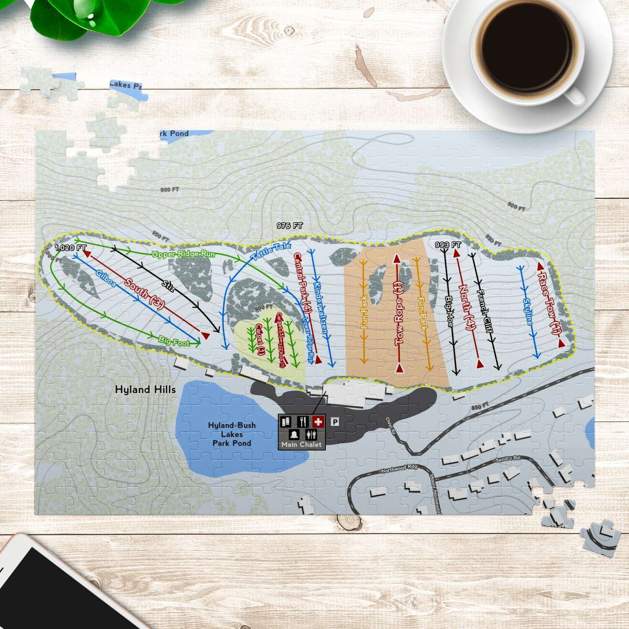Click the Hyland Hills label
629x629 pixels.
pyautogui.click(x=145, y=390)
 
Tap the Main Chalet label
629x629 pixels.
pyautogui.click(x=302, y=444)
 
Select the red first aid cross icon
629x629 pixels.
pyautogui.click(x=318, y=421)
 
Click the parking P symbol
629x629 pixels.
pyautogui.click(x=335, y=422)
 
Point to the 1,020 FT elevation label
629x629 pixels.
pyautogui.click(x=70, y=248)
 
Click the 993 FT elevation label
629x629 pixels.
pyautogui.click(x=448, y=245)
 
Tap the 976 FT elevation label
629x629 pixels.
pyautogui.click(x=289, y=226)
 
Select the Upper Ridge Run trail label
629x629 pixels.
pyautogui.click(x=183, y=254)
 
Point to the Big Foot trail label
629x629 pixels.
pyautogui.click(x=174, y=341)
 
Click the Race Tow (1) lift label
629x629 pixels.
pyautogui.click(x=549, y=303)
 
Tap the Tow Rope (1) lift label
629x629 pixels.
pyautogui.click(x=399, y=312)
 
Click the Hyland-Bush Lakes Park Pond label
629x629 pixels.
pyautogui.click(x=231, y=434)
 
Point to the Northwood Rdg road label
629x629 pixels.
pyautogui.click(x=399, y=468)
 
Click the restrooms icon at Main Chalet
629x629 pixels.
pyautogui.click(x=311, y=434)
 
